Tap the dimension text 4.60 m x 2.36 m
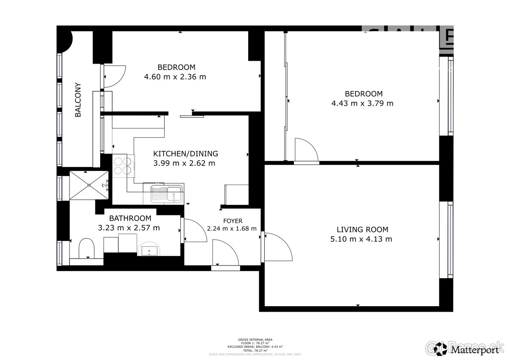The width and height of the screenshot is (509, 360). point(175,77)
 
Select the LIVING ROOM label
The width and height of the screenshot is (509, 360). point(362,229)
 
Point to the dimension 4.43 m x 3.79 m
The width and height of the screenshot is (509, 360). point(363,103)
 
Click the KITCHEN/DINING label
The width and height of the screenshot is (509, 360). point(185,153)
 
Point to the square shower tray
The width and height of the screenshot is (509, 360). point(89,184)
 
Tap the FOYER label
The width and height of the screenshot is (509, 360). point(233,221)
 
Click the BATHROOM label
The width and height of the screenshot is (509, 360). point(129,218)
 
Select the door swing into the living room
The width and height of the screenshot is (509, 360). point(278,247)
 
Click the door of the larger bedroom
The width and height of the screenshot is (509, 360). point(306,151)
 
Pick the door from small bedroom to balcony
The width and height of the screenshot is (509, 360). point(114,76)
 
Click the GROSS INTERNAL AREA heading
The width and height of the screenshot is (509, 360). point(255,340)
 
